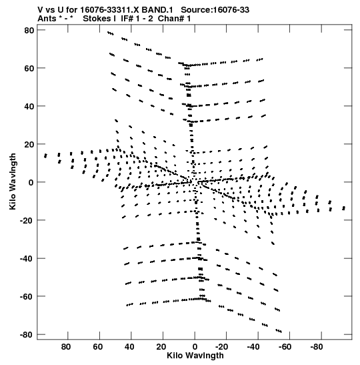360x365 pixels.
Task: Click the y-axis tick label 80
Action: (29, 30)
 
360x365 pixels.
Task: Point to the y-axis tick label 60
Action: (29, 68)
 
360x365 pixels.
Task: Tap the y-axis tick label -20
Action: (27, 220)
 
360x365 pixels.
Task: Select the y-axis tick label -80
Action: (27, 334)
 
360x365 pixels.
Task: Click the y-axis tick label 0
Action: (31, 182)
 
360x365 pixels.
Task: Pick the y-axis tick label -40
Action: (27, 258)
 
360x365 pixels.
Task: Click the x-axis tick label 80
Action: (66, 347)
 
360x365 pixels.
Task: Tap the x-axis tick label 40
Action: (129, 347)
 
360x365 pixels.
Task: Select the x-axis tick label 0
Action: (195, 347)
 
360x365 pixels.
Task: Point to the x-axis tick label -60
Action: (285, 347)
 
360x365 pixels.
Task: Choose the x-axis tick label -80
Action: (316, 347)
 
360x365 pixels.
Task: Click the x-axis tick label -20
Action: (221, 347)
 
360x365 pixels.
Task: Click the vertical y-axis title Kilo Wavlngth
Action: (13, 181)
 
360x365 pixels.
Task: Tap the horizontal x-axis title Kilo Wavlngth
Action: (195, 356)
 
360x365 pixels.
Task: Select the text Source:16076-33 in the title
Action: (215, 10)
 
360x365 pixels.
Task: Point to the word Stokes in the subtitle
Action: (99, 19)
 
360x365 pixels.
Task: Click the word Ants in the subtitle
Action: (47, 19)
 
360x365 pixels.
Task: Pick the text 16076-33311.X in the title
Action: (110, 10)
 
